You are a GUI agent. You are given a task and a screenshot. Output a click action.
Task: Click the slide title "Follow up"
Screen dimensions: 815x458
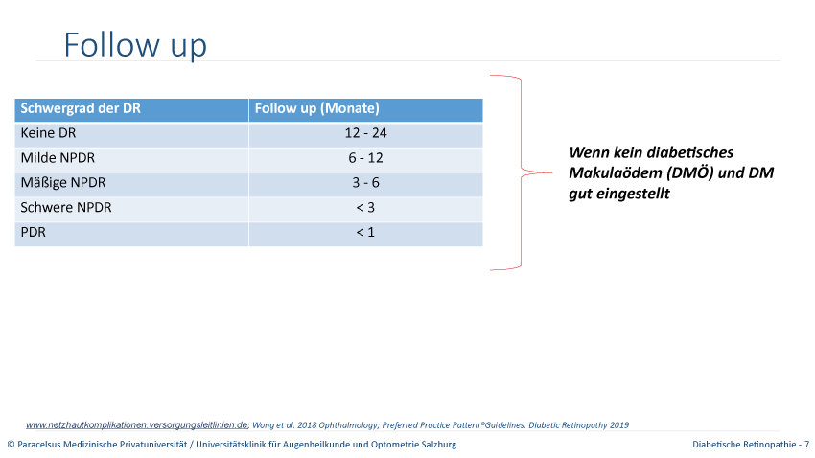[x=135, y=45]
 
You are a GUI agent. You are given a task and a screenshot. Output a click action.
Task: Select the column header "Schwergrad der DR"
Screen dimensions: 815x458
[x=81, y=108]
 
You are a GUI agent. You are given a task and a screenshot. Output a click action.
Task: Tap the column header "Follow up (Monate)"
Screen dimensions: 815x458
[x=317, y=108]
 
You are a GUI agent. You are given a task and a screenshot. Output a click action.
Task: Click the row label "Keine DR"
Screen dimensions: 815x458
[x=48, y=133]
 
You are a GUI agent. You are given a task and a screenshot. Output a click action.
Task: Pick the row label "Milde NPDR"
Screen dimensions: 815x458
[x=58, y=158]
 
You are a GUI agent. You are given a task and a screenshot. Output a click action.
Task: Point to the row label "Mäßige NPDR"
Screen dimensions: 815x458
[x=63, y=183]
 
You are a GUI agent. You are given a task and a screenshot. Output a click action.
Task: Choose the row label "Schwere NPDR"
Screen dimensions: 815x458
[x=66, y=208]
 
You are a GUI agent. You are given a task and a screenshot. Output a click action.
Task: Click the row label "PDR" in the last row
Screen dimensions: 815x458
[x=34, y=232]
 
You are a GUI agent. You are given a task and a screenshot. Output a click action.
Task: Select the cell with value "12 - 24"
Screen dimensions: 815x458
[x=365, y=133]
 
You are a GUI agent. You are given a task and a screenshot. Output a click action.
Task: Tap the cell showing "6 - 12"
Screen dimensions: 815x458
[x=365, y=158]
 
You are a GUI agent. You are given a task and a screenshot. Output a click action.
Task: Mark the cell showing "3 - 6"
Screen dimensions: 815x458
[x=365, y=183]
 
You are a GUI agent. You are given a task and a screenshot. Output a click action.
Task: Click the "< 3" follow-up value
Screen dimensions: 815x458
[x=365, y=208]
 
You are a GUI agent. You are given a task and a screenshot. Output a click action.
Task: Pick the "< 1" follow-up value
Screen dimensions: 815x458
[x=365, y=232]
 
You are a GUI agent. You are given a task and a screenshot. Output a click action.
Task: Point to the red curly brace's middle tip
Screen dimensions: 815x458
[x=552, y=172]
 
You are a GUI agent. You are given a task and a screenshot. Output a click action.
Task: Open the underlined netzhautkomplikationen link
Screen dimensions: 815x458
[x=137, y=425]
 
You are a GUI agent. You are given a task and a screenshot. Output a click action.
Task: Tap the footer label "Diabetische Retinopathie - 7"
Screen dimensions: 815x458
[x=751, y=445]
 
